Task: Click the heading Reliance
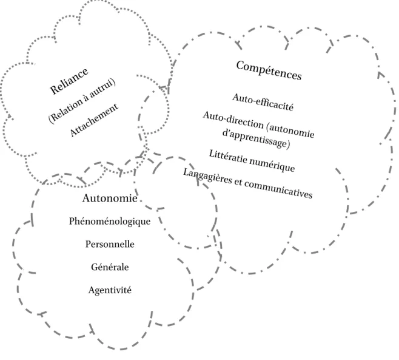[x=69, y=81]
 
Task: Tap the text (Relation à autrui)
[x=82, y=101]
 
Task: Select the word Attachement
[x=94, y=120]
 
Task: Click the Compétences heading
[x=269, y=70]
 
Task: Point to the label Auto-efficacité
[x=263, y=102]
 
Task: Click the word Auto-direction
[x=233, y=120]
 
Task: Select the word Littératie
[x=228, y=156]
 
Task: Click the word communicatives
[x=279, y=189]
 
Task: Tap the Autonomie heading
[x=110, y=199]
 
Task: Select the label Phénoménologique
[x=110, y=221]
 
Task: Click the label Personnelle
[x=110, y=244]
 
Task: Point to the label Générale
[x=110, y=267]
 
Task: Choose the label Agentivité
[x=110, y=290]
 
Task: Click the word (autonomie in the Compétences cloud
[x=290, y=129]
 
